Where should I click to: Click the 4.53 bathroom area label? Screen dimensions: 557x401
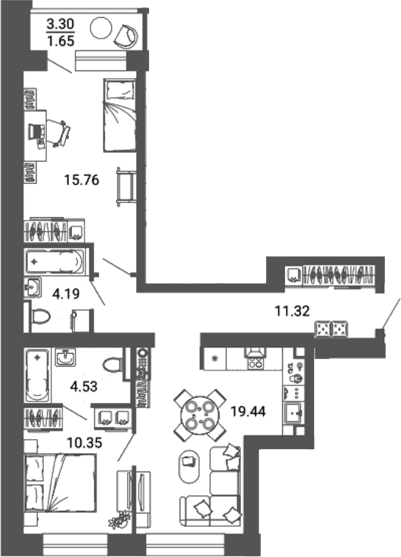click(x=84, y=387)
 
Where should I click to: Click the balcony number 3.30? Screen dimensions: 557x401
click(x=62, y=26)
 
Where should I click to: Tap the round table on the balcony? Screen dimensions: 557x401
click(x=100, y=28)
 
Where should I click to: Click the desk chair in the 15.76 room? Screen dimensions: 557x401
click(x=59, y=132)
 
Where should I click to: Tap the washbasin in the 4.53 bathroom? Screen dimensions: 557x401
click(x=66, y=357)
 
